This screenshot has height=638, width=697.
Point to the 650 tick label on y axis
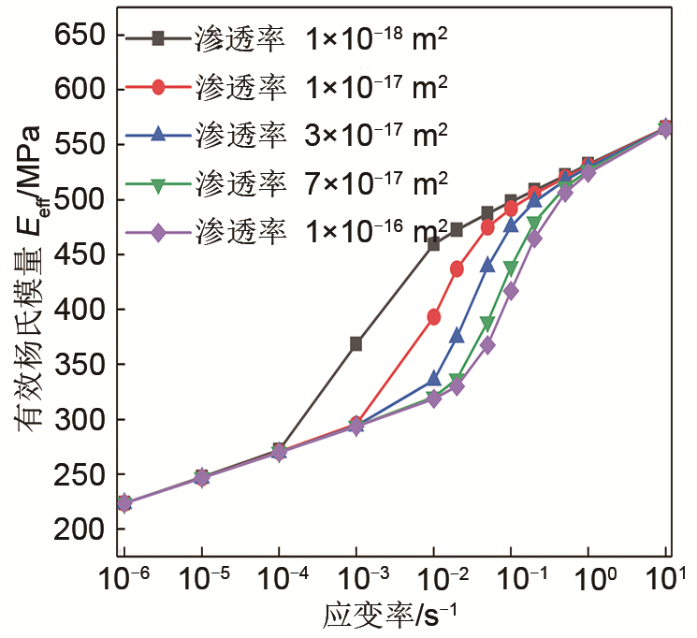tap(85, 36)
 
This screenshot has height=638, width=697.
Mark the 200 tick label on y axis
tap(85, 529)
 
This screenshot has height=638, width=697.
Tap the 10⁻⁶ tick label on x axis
tap(125, 576)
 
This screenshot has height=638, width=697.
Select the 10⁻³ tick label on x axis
tap(356, 576)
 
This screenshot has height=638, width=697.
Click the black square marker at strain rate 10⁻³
tap(356, 344)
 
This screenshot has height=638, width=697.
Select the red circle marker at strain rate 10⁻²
tap(434, 317)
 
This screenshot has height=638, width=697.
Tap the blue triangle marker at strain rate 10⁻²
tap(434, 379)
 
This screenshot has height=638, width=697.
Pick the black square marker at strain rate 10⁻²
tap(434, 244)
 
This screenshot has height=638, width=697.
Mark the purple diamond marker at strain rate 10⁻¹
tap(511, 291)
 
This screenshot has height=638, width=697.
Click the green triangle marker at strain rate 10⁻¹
tap(511, 268)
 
